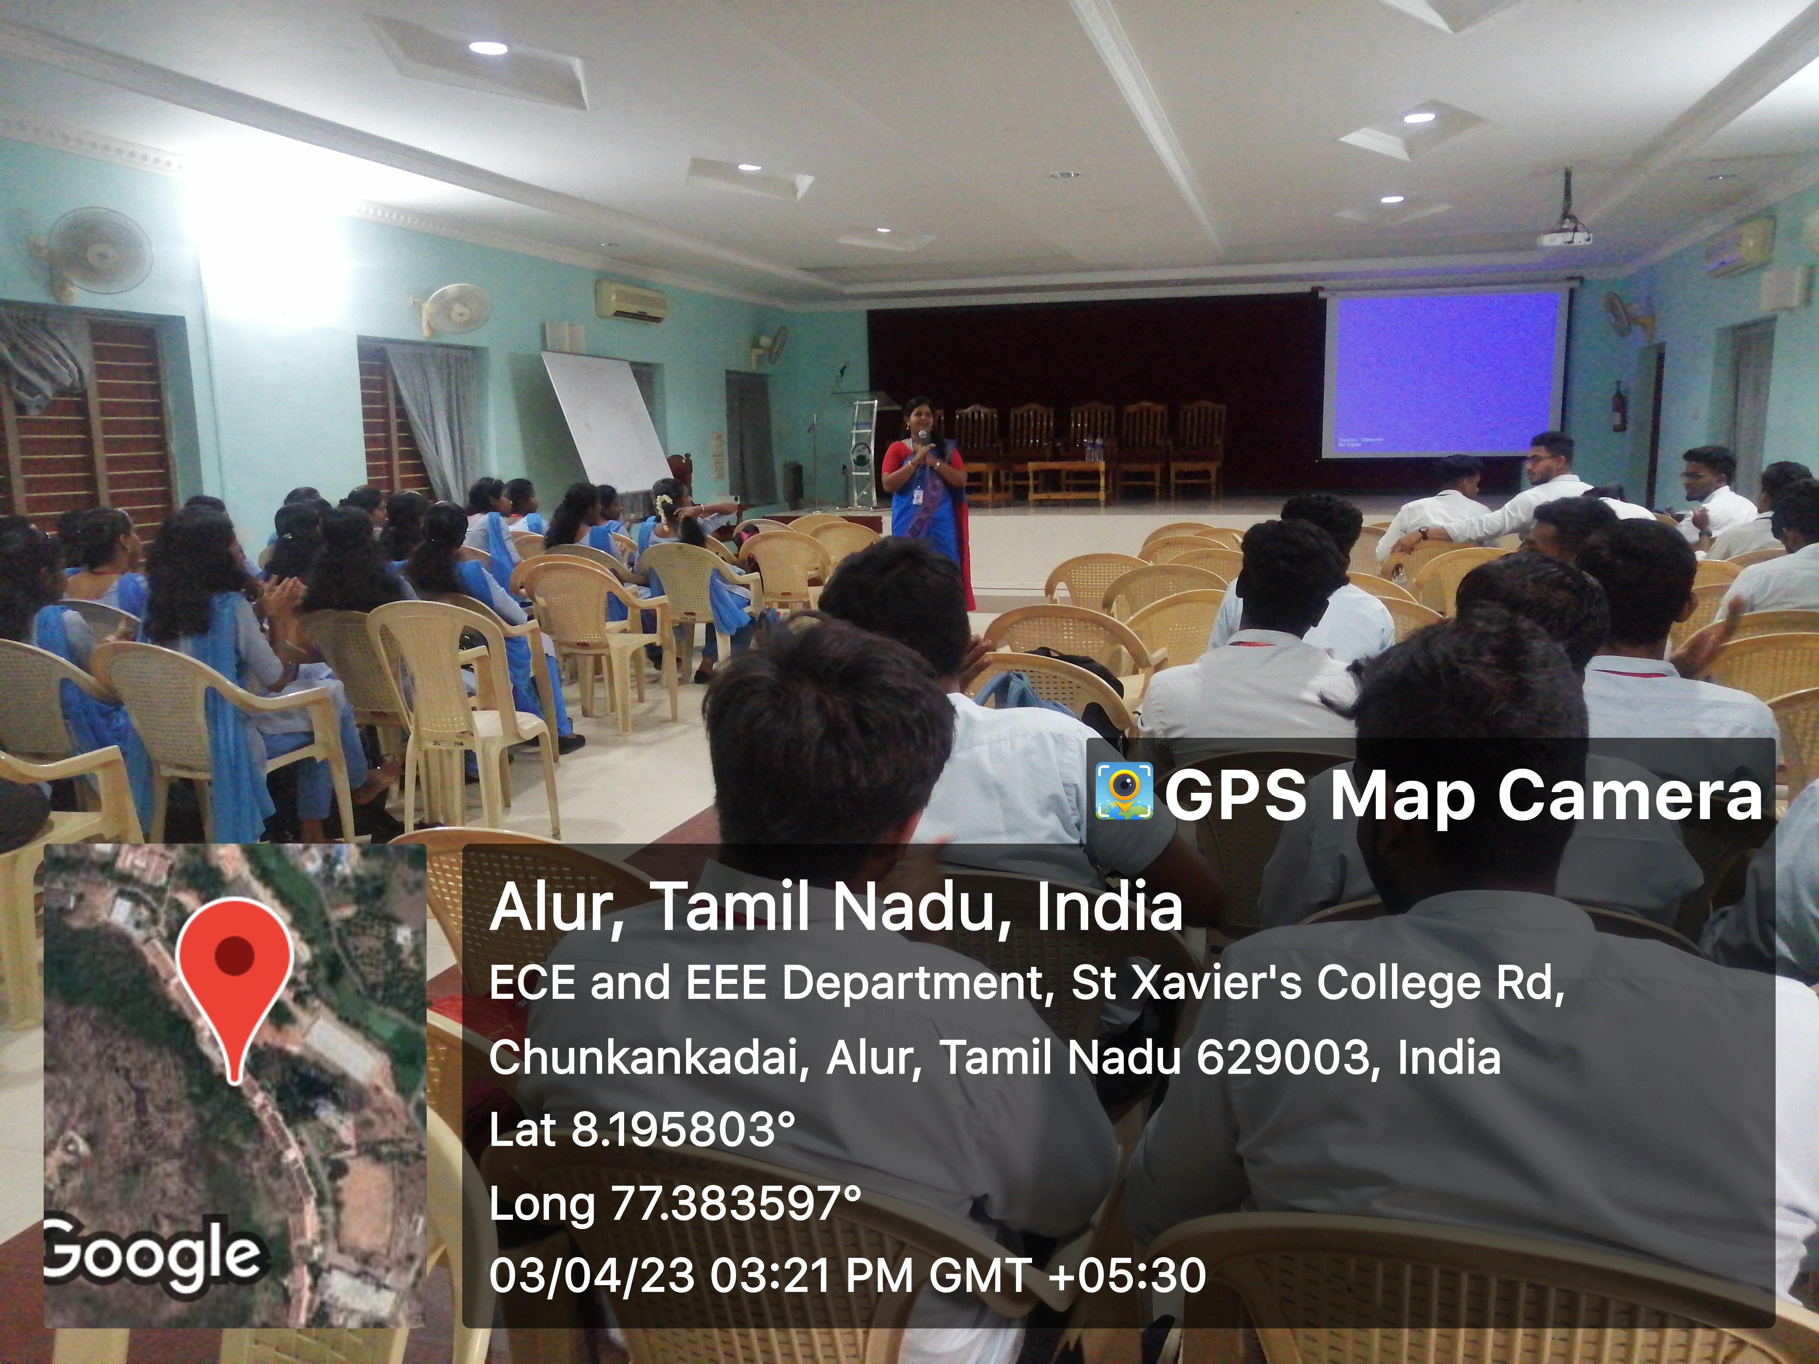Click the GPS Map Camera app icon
pyautogui.click(x=1123, y=792)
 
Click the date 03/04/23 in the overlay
pyautogui.click(x=592, y=1277)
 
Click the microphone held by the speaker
pyautogui.click(x=923, y=437)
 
